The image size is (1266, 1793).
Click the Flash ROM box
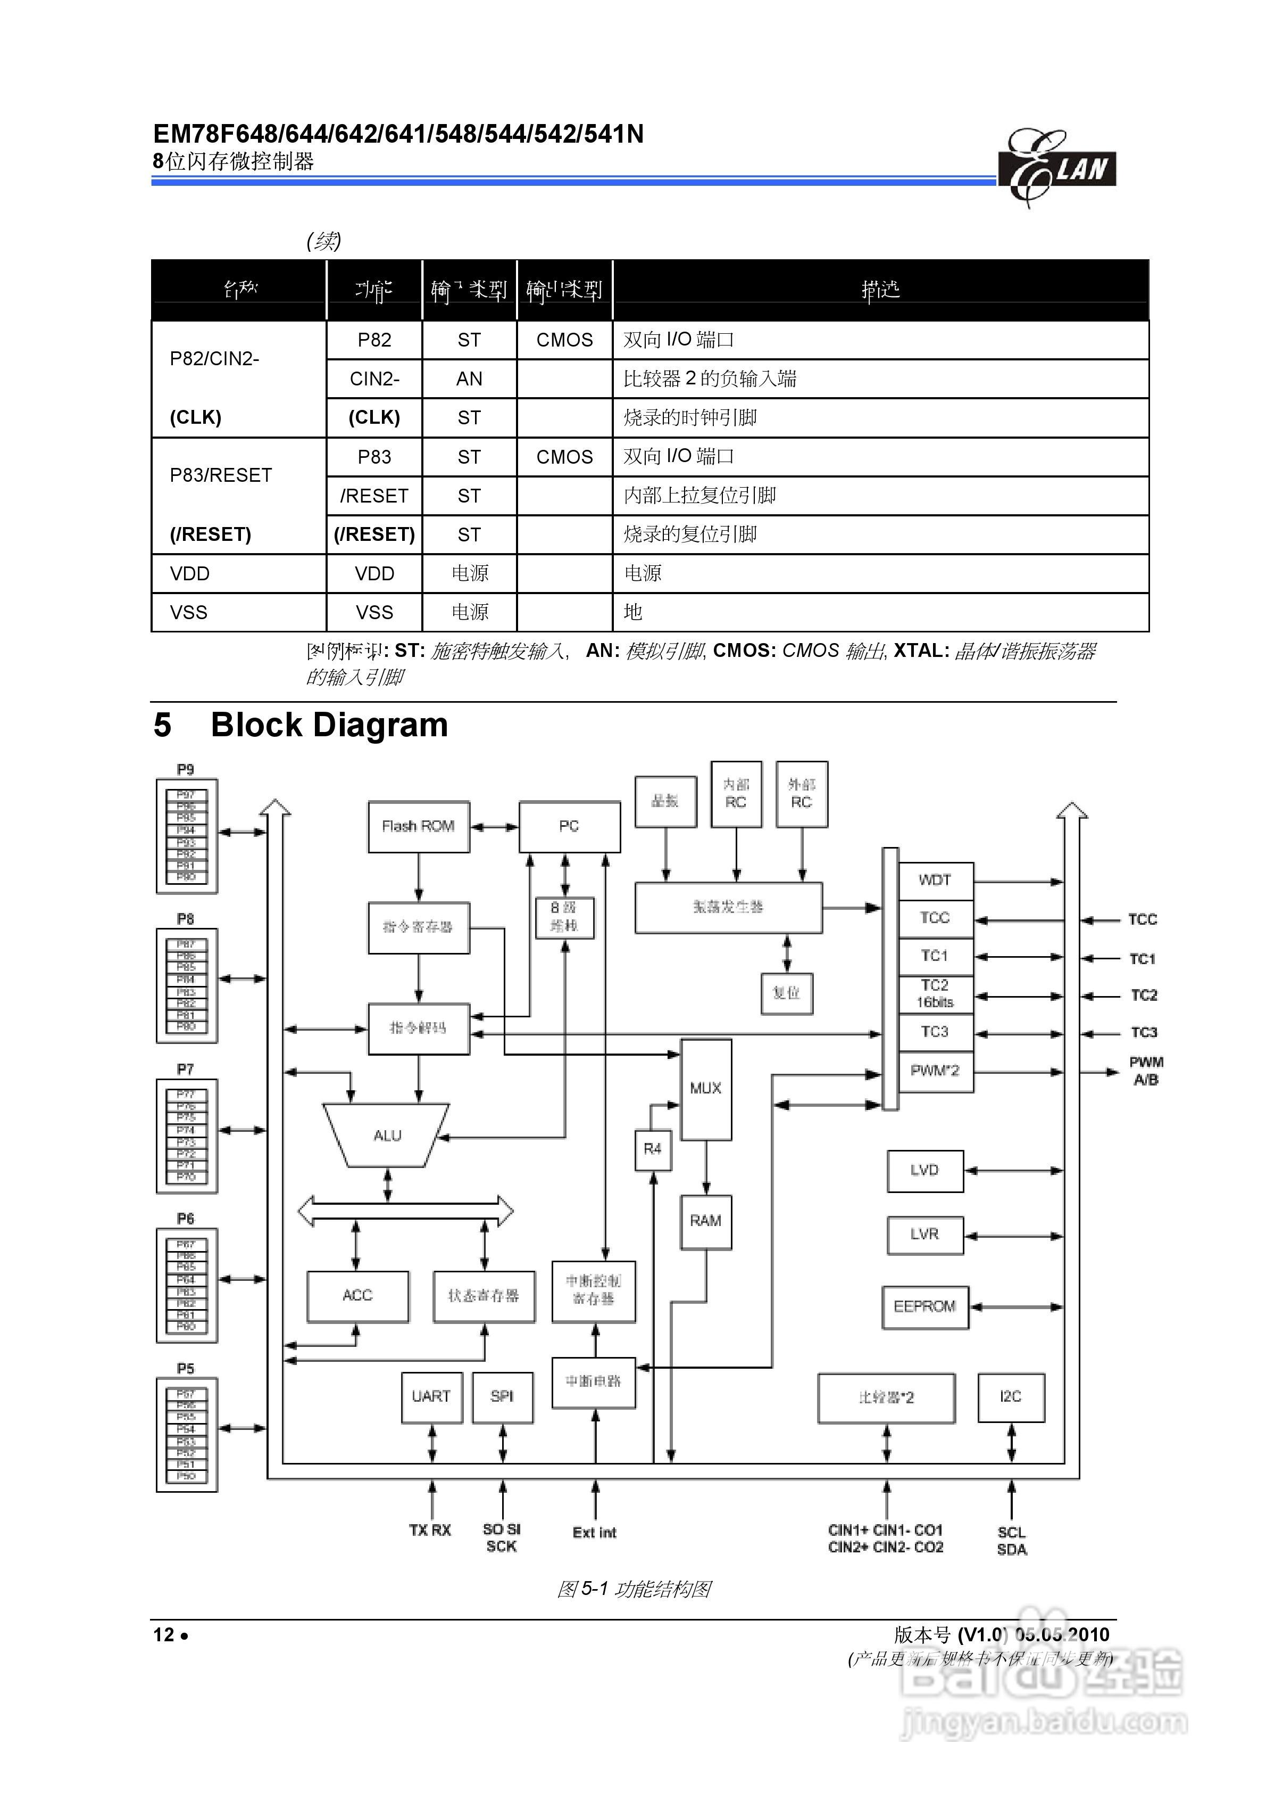[418, 826]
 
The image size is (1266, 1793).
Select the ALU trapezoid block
[387, 1136]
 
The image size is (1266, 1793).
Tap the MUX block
[705, 1088]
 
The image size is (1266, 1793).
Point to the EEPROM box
[925, 1306]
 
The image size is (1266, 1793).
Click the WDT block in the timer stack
[935, 880]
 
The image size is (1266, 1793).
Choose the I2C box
[1011, 1396]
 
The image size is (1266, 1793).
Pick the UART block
[431, 1396]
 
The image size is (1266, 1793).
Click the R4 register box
[653, 1149]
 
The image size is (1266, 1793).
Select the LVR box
[925, 1234]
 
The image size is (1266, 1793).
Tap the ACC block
[357, 1296]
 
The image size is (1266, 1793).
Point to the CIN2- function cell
[374, 379]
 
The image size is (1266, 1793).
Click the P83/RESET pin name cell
[221, 475]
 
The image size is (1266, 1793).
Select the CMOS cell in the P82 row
[564, 340]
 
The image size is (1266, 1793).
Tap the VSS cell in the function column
[374, 612]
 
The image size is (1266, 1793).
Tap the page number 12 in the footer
[164, 1634]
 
